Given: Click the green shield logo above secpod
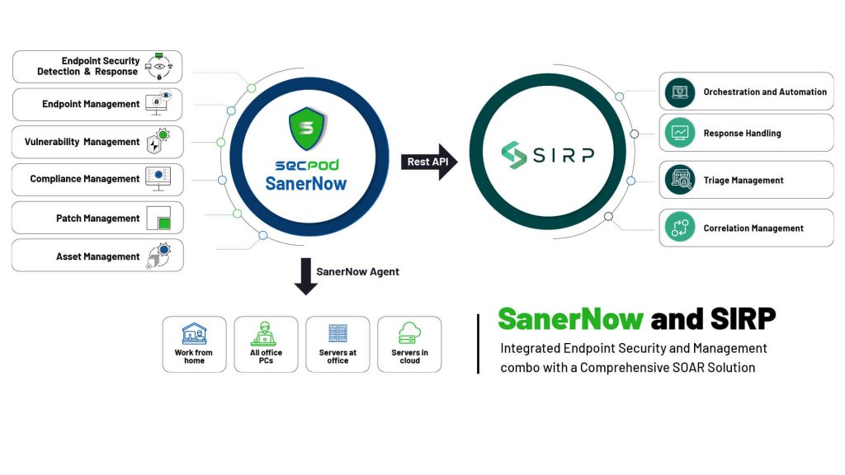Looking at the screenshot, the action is [x=307, y=128].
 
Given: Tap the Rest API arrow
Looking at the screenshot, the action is [x=429, y=162].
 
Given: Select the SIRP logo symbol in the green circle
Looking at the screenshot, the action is [x=513, y=154].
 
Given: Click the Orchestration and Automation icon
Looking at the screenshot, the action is [x=680, y=92].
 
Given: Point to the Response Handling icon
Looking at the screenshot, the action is [x=680, y=133].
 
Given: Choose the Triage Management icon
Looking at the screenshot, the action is [x=680, y=180].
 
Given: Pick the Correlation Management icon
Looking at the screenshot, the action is [x=680, y=228].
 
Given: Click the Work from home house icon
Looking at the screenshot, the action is [x=194, y=333].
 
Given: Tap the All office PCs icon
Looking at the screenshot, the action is [x=264, y=334].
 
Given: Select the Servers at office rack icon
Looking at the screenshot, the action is [x=338, y=333].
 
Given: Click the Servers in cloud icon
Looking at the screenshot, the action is [x=409, y=333].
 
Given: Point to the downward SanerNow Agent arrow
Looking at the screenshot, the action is [x=305, y=276].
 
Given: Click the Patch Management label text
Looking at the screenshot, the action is [x=97, y=218].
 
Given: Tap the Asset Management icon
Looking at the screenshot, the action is [x=159, y=256].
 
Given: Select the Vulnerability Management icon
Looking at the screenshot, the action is [x=158, y=141].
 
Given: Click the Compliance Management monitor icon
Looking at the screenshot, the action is [x=158, y=179].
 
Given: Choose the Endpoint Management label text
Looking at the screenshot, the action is [x=91, y=104].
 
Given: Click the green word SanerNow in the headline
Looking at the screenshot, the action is [x=571, y=319].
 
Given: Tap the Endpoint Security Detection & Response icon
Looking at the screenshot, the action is [x=159, y=66].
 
